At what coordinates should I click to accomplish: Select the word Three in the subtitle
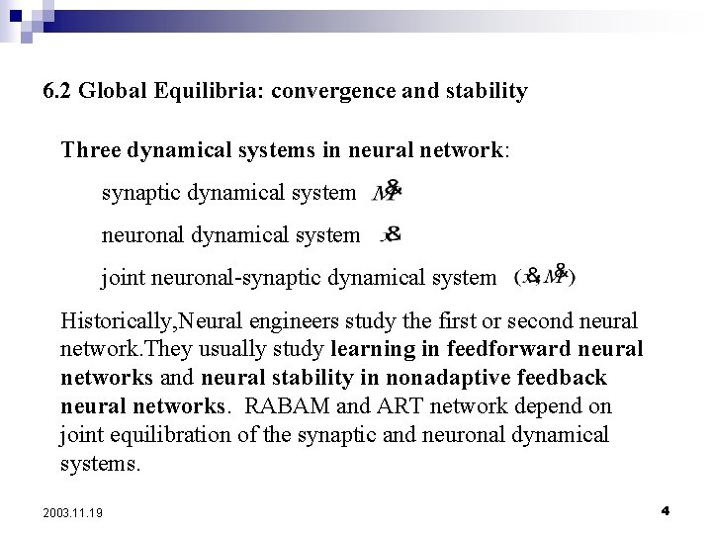point(87,150)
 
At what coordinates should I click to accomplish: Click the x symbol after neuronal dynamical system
point(390,234)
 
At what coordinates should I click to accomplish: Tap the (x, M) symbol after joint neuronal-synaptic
point(547,276)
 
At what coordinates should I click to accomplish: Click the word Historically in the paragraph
point(114,321)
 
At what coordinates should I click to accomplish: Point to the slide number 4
point(666,510)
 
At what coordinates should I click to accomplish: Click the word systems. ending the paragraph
point(102,463)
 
